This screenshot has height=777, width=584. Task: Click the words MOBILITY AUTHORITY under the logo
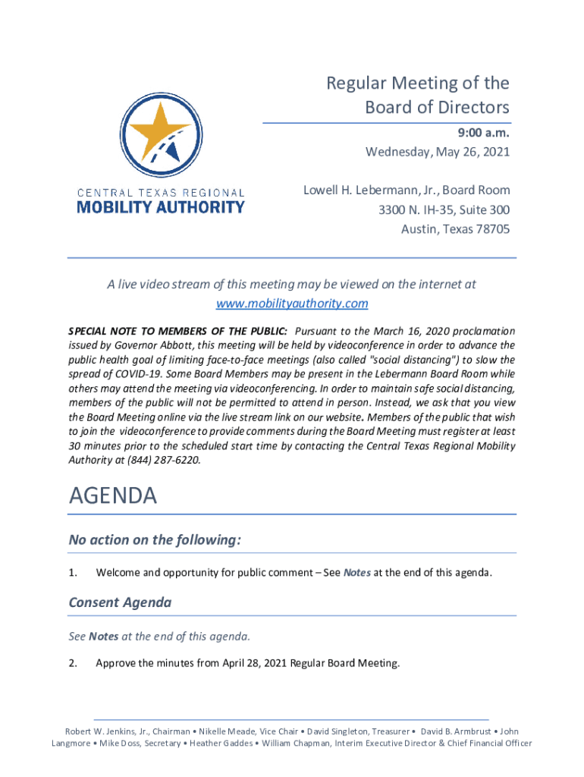[161, 206]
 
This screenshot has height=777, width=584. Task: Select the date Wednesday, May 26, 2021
[438, 153]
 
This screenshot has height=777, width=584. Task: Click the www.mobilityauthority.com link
[292, 304]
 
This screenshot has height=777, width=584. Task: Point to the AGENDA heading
[113, 497]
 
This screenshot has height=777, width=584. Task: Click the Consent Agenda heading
[120, 602]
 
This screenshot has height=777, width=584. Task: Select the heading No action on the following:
[155, 540]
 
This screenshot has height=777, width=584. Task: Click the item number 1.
[73, 573]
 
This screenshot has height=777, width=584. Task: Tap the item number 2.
[73, 664]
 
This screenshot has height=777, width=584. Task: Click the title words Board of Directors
[437, 107]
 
